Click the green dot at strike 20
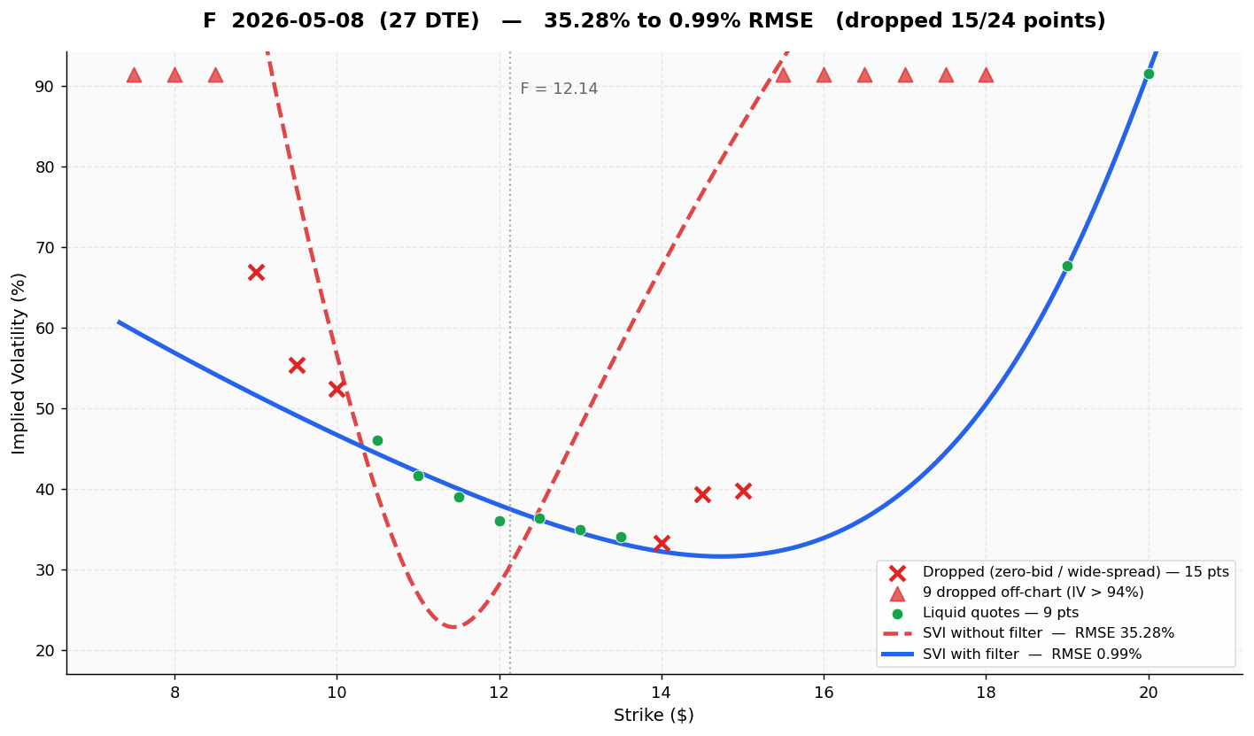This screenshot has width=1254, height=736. pyautogui.click(x=1148, y=74)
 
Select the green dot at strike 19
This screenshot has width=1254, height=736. pyautogui.click(x=1067, y=266)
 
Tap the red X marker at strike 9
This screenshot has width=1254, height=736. pyautogui.click(x=256, y=272)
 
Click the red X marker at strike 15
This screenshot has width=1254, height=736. pyautogui.click(x=743, y=491)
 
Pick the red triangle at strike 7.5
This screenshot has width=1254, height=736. pyautogui.click(x=134, y=75)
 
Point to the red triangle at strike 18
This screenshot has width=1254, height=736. pyautogui.click(x=986, y=75)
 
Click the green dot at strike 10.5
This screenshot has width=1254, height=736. pyautogui.click(x=377, y=440)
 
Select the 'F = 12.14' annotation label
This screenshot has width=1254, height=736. pyautogui.click(x=559, y=89)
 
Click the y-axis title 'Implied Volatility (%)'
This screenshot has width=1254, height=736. pyautogui.click(x=19, y=362)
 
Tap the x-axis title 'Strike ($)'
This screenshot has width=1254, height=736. pyautogui.click(x=654, y=716)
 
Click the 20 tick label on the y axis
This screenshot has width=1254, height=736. pyautogui.click(x=45, y=651)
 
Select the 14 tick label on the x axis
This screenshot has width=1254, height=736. pyautogui.click(x=661, y=692)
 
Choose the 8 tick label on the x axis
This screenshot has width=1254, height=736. pyautogui.click(x=174, y=692)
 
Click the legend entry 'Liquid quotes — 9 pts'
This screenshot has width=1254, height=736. pyautogui.click(x=1000, y=613)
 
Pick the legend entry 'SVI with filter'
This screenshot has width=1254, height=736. pyautogui.click(x=1032, y=655)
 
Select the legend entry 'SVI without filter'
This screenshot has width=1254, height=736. pyautogui.click(x=1048, y=633)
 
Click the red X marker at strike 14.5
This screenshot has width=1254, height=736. pyautogui.click(x=702, y=494)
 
